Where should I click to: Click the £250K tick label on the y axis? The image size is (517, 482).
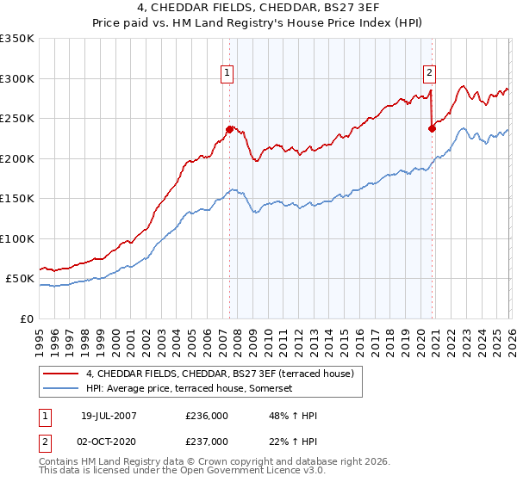click(x=17, y=119)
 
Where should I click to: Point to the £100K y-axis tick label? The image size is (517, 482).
click(x=17, y=238)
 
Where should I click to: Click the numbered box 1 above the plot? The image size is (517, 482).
click(x=227, y=74)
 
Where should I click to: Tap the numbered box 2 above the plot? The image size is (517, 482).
click(x=429, y=74)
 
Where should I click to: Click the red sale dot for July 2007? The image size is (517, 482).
click(x=229, y=130)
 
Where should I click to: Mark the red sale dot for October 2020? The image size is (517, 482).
click(x=433, y=129)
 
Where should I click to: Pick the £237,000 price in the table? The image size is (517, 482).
click(x=208, y=442)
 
